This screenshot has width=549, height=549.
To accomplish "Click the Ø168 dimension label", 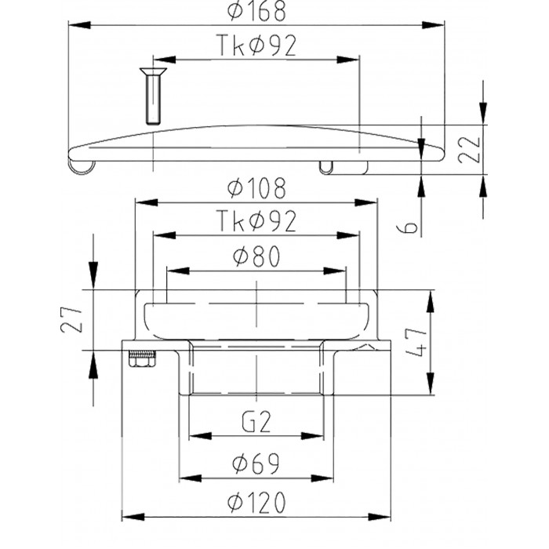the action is click(256, 11).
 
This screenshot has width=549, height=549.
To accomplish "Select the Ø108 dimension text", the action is click(256, 188).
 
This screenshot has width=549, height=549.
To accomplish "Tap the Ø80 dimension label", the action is click(256, 256).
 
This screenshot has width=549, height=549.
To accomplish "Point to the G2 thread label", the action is click(256, 422).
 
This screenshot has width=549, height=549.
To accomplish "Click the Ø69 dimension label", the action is click(256, 464).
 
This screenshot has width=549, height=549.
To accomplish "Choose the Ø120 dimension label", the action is click(256, 503).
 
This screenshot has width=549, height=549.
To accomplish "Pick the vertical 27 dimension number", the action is click(71, 320).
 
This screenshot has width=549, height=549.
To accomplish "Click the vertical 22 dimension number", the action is click(469, 149).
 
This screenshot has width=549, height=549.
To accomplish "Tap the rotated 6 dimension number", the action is click(408, 227).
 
